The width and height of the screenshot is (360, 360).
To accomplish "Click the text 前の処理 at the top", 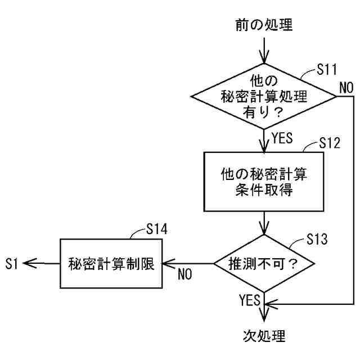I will (x=264, y=25).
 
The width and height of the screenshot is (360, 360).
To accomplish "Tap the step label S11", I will (x=326, y=70).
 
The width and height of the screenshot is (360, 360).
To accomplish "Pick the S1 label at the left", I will (x=12, y=263).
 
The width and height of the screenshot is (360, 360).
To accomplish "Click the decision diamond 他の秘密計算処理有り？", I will (x=264, y=96).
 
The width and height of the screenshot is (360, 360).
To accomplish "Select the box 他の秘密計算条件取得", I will (x=264, y=181).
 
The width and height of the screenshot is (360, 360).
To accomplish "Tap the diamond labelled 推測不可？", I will (x=263, y=263).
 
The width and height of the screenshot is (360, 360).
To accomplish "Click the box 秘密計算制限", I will (x=111, y=263).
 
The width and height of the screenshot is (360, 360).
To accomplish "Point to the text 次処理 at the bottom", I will (x=264, y=336).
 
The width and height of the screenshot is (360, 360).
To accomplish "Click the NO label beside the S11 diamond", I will (x=346, y=87).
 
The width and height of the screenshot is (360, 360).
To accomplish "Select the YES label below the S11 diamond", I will (x=282, y=138).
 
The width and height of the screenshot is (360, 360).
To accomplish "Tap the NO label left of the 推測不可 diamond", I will (x=185, y=274).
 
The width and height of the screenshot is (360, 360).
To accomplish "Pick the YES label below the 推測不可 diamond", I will (x=249, y=298).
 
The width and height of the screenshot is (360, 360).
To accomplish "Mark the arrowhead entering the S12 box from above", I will (x=264, y=147).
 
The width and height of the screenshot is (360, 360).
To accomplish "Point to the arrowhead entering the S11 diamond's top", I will (x=264, y=59).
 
